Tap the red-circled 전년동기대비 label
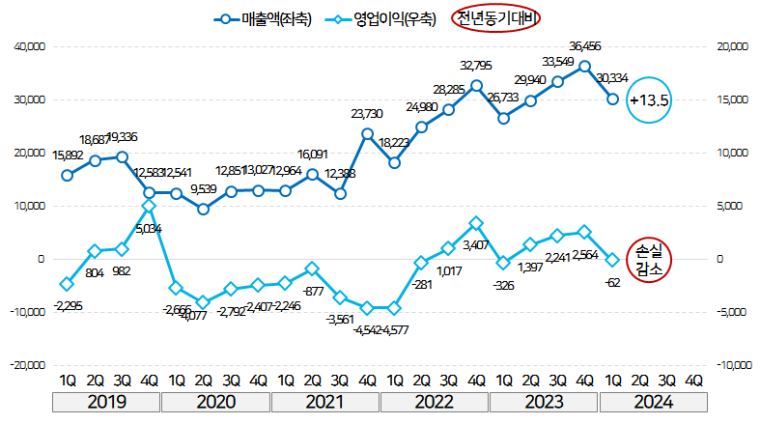point(496,17)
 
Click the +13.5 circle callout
point(648,99)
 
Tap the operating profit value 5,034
point(148,229)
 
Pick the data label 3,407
point(475,245)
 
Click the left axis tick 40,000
point(29,46)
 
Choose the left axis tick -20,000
point(28,365)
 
